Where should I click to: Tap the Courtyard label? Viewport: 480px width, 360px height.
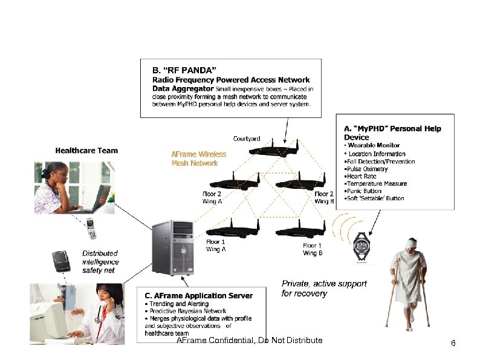[x=247, y=139]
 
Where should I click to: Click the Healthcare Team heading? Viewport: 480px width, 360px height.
[x=86, y=151]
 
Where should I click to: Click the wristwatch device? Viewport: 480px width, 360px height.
[x=361, y=247]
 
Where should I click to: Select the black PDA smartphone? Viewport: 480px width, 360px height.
[x=60, y=261]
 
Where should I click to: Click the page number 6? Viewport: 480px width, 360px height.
[x=453, y=344]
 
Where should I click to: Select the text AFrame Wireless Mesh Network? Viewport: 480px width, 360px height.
[x=198, y=159]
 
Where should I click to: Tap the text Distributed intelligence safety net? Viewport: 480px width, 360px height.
[x=100, y=262]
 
